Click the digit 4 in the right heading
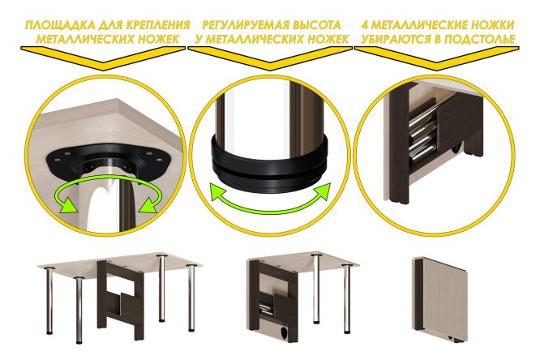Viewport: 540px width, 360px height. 366,25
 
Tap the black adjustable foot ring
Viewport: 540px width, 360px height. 269,165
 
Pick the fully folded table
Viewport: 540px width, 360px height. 440,299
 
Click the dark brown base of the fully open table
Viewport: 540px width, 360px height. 121,300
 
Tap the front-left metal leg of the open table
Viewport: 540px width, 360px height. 79,310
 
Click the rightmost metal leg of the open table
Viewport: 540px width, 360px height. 191,298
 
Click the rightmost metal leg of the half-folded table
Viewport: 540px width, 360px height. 348,298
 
